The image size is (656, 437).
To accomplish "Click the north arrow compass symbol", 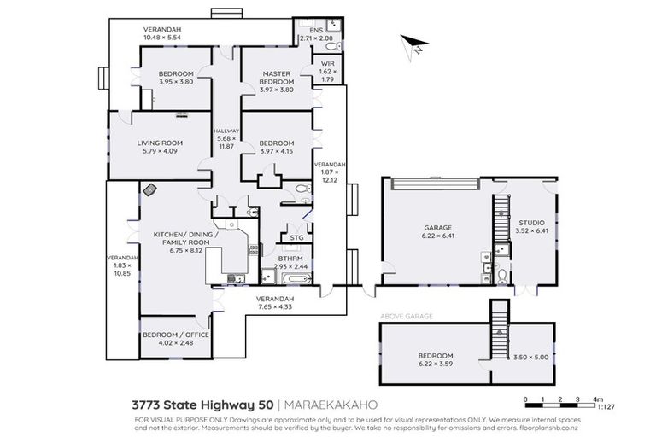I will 413,45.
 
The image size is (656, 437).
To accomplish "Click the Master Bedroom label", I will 277,81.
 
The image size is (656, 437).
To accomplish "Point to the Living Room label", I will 160,147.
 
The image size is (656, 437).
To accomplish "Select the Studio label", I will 530,225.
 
